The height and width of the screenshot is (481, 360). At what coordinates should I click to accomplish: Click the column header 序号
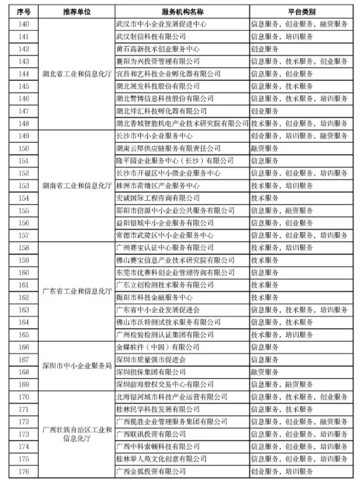click(x=21, y=12)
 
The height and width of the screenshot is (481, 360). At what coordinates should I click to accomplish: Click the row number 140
click(x=21, y=24)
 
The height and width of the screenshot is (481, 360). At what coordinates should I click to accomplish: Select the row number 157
click(x=21, y=235)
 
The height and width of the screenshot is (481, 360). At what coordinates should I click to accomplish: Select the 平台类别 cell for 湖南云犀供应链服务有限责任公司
click(x=263, y=148)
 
